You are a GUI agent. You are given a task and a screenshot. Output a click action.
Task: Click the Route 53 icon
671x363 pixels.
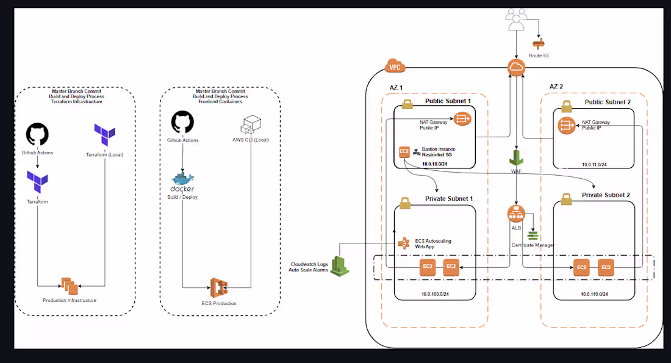pos(539,43)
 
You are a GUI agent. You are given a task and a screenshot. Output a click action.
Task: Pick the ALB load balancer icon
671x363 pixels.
pos(516,214)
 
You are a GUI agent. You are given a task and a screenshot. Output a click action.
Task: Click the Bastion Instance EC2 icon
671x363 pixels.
pos(404,152)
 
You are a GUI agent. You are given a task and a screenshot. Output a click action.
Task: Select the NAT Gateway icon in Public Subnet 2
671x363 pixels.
pos(565,126)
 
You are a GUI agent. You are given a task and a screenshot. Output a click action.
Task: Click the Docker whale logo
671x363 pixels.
pos(183,180)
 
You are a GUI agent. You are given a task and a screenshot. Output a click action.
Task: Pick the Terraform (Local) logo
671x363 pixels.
pos(104,135)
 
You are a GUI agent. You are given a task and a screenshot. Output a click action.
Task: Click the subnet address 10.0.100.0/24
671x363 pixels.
pos(434,294)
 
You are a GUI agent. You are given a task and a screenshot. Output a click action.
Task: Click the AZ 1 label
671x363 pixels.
pos(396,88)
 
